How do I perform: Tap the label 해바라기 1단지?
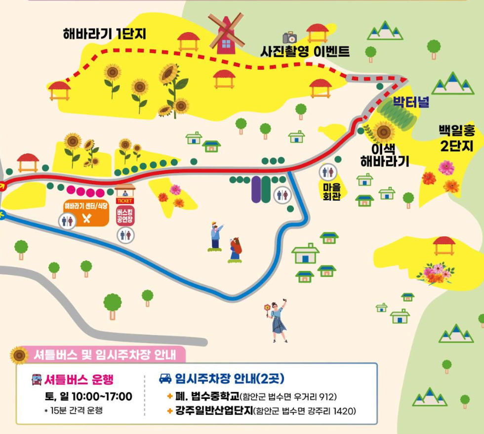[105, 34]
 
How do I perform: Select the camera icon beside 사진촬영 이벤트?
[289, 38]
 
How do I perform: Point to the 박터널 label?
[411, 103]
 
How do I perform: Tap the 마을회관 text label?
[328, 190]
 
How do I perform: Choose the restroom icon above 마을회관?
[328, 172]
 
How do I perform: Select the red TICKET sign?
[124, 201]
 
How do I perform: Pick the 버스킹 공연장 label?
[124, 216]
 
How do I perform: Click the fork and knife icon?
[87, 219]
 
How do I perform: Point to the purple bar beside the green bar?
[256, 189]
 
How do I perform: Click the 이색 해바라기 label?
[385, 154]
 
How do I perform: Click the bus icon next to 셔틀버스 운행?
[37, 380]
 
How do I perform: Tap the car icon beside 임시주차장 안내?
[165, 379]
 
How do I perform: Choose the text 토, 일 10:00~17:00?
[88, 396]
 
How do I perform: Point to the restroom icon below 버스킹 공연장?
[124, 235]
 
